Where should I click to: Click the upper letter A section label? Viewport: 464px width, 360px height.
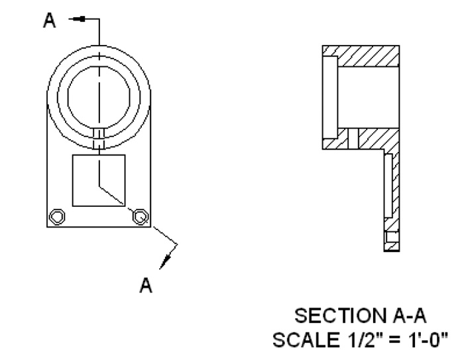pyautogui.click(x=50, y=20)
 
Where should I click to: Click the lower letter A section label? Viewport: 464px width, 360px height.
pyautogui.click(x=146, y=285)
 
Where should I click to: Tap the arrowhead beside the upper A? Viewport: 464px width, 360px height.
pyautogui.click(x=80, y=19)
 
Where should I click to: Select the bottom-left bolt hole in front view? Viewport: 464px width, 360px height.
pyautogui.click(x=57, y=217)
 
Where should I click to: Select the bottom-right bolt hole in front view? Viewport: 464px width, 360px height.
pyautogui.click(x=141, y=217)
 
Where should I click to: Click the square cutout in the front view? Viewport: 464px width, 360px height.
pyautogui.click(x=99, y=180)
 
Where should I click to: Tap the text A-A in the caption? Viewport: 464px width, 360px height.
pyautogui.click(x=410, y=316)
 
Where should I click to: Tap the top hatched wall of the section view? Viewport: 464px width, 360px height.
pyautogui.click(x=369, y=56)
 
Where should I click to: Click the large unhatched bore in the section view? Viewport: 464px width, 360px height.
pyautogui.click(x=369, y=97)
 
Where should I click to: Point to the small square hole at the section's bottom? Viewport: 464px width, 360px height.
pyautogui.click(x=392, y=237)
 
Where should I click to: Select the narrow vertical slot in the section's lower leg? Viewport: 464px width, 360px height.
pyautogui.click(x=388, y=186)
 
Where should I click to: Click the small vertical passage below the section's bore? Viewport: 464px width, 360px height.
pyautogui.click(x=353, y=139)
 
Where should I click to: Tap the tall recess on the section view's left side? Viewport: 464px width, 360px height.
pyautogui.click(x=330, y=97)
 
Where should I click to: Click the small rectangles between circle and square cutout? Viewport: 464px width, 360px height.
pyautogui.click(x=99, y=139)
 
